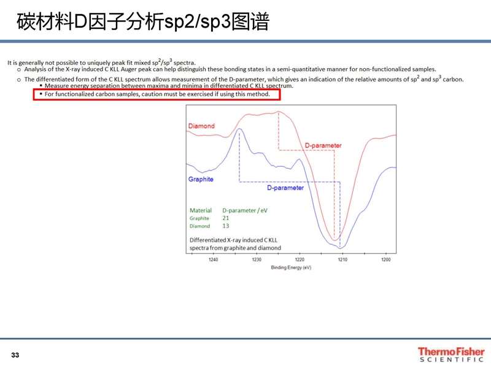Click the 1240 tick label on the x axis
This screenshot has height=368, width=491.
coord(213,259)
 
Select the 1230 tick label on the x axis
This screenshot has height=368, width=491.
coord(257,259)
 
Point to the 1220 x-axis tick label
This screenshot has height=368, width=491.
coord(300,259)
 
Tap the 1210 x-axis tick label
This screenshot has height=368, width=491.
coord(342,259)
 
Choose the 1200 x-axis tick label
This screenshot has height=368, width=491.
coord(386,259)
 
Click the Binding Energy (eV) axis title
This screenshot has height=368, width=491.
coord(291,267)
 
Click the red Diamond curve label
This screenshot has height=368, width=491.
coord(201,126)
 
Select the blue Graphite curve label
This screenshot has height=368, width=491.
coord(201,179)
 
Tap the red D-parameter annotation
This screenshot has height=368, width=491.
coord(323,145)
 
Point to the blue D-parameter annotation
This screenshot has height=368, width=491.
coord(285,188)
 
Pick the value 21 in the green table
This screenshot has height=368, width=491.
coord(226,218)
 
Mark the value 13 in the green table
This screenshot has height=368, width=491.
coord(226,226)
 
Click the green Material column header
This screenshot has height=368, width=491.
coord(201,210)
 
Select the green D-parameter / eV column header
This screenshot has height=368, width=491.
coord(245,210)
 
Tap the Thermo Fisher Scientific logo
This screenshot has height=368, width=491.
coord(451,355)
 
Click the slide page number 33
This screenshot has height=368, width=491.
coord(15,355)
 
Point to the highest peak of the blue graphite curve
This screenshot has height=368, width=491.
coord(239,129)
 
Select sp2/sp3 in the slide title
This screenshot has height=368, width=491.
coord(198,23)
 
